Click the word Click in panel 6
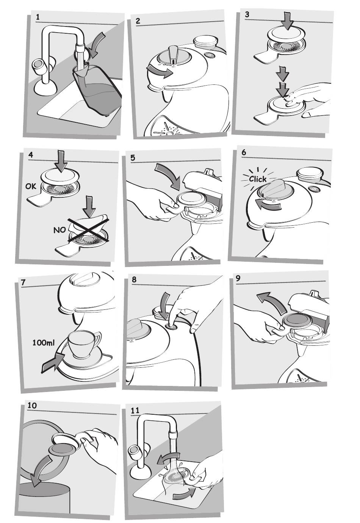click(x=258, y=179)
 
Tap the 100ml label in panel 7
click(x=44, y=343)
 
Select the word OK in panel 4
click(x=31, y=187)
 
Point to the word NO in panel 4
click(x=59, y=230)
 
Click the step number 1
click(x=38, y=17)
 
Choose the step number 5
click(x=133, y=158)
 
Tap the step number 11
click(x=135, y=410)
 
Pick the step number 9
click(x=238, y=279)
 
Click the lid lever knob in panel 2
click(x=173, y=53)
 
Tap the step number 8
click(x=134, y=280)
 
